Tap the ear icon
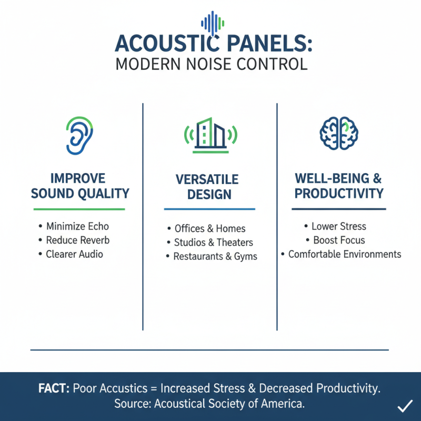pyautogui.click(x=79, y=135)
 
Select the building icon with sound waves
pyautogui.click(x=210, y=135)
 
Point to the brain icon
pyautogui.click(x=339, y=132)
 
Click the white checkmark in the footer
pyautogui.click(x=405, y=406)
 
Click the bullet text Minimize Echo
pyautogui.click(x=77, y=227)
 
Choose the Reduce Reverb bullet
pyautogui.click(x=78, y=240)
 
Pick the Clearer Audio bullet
pyautogui.click(x=75, y=254)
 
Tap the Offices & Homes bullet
pyautogui.click(x=210, y=229)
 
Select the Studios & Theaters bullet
pyautogui.click(x=214, y=243)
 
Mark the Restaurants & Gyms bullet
pyautogui.click(x=216, y=257)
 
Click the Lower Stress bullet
pyautogui.click(x=339, y=227)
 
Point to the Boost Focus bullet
pyautogui.click(x=339, y=240)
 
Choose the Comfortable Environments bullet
pyautogui.click(x=345, y=254)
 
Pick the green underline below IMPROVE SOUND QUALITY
pyautogui.click(x=79, y=209)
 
